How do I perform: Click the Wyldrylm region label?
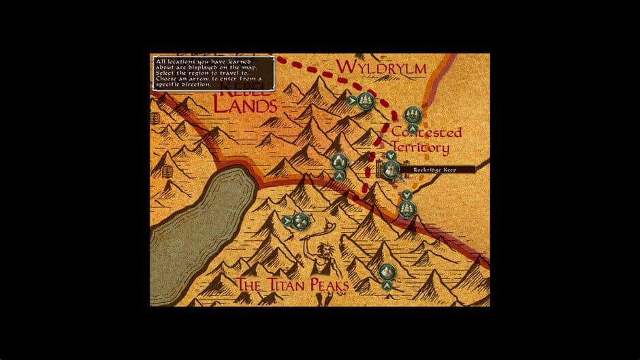pyautogui.click(x=381, y=67)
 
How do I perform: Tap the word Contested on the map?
pyautogui.click(x=427, y=132)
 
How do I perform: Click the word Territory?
pyautogui.click(x=419, y=147)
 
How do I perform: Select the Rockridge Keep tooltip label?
pyautogui.click(x=433, y=169)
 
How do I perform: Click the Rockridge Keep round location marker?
pyautogui.click(x=391, y=169)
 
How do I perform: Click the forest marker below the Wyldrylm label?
pyautogui.click(x=367, y=101)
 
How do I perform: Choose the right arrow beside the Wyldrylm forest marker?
pyautogui.click(x=351, y=101)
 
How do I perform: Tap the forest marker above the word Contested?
pyautogui.click(x=411, y=114)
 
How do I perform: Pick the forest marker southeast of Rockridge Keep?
pyautogui.click(x=407, y=208)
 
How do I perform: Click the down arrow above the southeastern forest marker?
pyautogui.click(x=407, y=195)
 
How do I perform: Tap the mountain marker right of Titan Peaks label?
pyautogui.click(x=387, y=272)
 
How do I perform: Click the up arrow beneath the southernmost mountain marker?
pyautogui.click(x=387, y=286)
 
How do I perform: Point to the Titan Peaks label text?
pyautogui.click(x=292, y=284)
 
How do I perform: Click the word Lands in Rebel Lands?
pyautogui.click(x=246, y=105)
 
